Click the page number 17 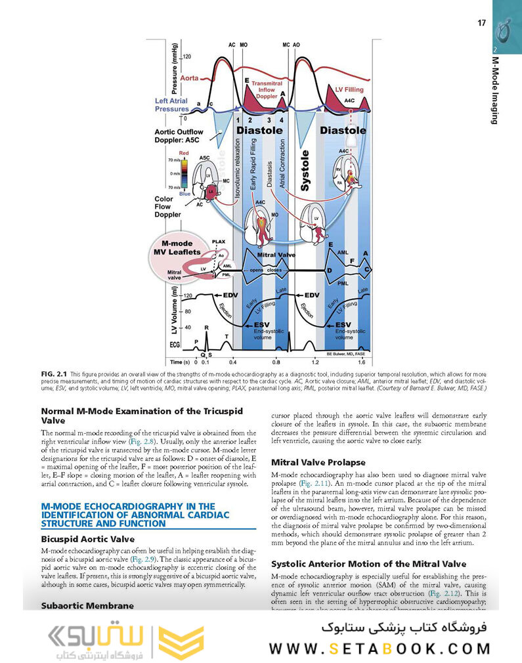point(481,23)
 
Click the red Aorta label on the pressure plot point(189,78)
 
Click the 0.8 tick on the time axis point(276,362)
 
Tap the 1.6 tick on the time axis point(361,362)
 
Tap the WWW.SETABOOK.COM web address point(380,649)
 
